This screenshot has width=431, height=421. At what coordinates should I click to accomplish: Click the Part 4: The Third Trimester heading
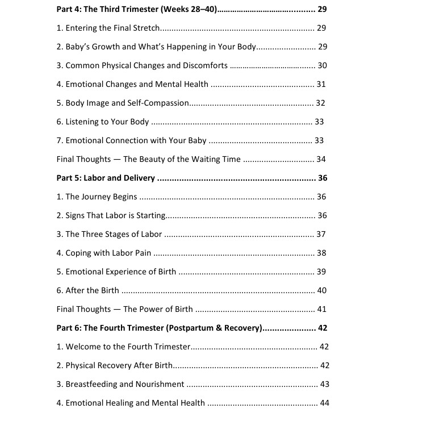137,9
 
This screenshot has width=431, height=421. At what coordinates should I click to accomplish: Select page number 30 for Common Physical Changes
322,65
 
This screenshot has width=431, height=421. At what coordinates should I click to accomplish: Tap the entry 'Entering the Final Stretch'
108,28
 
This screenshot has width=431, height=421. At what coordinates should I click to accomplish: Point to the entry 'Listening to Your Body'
103,122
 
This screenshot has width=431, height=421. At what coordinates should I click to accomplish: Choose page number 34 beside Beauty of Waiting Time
321,159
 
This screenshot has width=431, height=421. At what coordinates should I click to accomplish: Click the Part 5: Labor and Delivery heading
106,178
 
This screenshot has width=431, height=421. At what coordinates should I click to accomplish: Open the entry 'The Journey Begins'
97,197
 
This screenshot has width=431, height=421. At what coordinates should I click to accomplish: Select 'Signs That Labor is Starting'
111,215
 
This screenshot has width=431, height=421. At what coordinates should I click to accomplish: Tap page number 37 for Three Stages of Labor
321,234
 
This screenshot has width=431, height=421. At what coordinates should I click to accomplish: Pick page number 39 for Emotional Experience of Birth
321,272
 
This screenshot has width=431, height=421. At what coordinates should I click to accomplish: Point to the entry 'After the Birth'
88,290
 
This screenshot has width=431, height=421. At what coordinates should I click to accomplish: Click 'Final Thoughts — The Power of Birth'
124,309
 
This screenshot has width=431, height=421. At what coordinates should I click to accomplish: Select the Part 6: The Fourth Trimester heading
159,328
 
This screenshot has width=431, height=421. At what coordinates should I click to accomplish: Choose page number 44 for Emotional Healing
325,403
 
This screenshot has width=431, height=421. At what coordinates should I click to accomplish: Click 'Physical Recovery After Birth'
114,365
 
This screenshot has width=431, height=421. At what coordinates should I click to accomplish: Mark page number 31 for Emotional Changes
321,84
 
